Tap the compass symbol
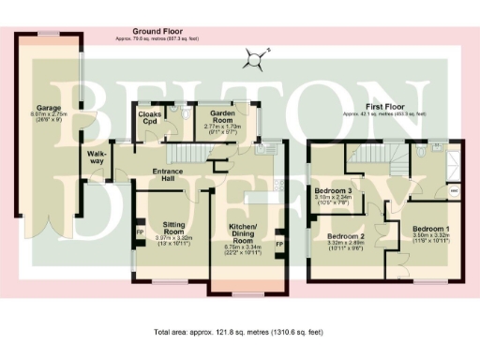pyautogui.click(x=252, y=61)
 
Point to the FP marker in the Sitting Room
pyautogui.click(x=141, y=231)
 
